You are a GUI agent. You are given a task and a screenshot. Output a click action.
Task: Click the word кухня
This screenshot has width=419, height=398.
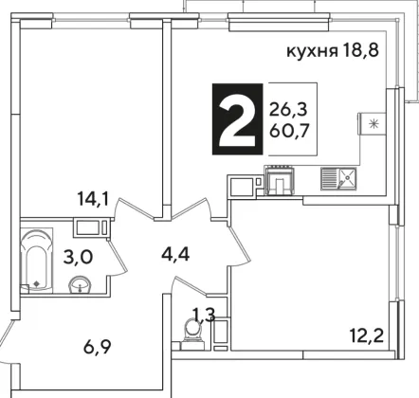tap(312, 51)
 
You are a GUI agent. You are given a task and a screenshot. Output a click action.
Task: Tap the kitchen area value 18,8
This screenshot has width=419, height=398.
tap(360, 50)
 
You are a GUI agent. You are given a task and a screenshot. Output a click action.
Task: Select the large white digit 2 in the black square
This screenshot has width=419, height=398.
tap(237, 119)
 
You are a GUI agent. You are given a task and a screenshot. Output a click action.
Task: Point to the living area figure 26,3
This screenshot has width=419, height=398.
tap(288, 110)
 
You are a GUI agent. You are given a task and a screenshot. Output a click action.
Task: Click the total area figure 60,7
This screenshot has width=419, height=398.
tap(289, 130)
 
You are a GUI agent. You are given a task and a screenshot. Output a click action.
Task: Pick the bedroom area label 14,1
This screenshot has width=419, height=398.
tap(94, 199)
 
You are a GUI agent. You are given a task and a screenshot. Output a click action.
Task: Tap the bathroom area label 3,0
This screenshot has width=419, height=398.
tap(78, 257)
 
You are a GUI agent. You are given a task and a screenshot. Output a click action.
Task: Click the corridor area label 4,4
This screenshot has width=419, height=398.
tap(175, 254)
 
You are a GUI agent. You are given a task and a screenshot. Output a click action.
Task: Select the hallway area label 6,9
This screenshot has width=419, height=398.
tap(98, 347)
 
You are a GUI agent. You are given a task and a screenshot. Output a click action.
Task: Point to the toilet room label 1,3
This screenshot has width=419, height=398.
tap(204, 315)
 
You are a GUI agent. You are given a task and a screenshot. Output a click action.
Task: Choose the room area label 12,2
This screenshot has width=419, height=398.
tap(367, 335)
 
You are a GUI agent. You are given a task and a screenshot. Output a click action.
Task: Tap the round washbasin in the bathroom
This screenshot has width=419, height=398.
tap(80, 284)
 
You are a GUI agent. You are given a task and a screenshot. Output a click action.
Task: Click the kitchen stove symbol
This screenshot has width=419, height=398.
tap(281, 181)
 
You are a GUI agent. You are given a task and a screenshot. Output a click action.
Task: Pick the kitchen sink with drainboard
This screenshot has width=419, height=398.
tap(338, 179)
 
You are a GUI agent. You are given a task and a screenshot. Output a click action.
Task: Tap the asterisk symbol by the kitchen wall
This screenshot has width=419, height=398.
tap(374, 124)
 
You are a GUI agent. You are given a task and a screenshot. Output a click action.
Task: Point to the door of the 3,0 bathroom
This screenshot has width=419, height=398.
tap(118, 258)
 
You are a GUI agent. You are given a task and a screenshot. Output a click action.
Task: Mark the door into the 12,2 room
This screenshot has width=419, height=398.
tap(239, 245)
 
